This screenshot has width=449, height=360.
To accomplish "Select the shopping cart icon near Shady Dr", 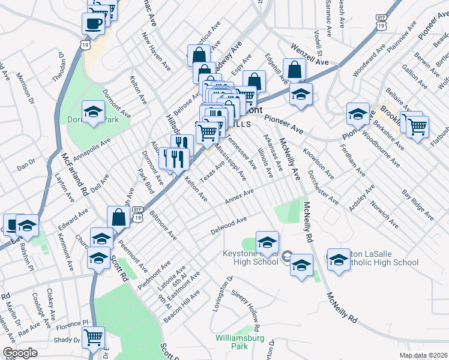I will (93, 338).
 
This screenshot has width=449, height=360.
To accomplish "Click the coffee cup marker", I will (93, 24).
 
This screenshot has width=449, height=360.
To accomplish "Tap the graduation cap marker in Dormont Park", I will (93, 112).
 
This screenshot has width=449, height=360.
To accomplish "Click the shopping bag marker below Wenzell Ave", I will (295, 70).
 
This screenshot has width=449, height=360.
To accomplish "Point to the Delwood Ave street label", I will (229, 226).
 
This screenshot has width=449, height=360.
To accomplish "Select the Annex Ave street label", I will (240, 196).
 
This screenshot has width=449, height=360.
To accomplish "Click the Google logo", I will (20, 353).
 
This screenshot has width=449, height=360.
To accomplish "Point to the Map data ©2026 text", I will (423, 355).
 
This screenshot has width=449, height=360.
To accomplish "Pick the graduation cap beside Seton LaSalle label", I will (339, 259).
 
